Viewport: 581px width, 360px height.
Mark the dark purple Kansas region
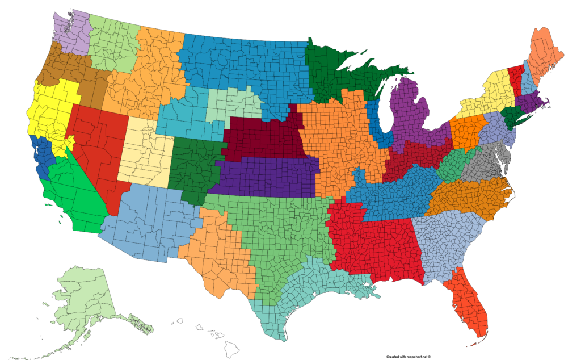click(x=267, y=176)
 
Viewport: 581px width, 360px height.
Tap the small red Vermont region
click(x=516, y=77)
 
